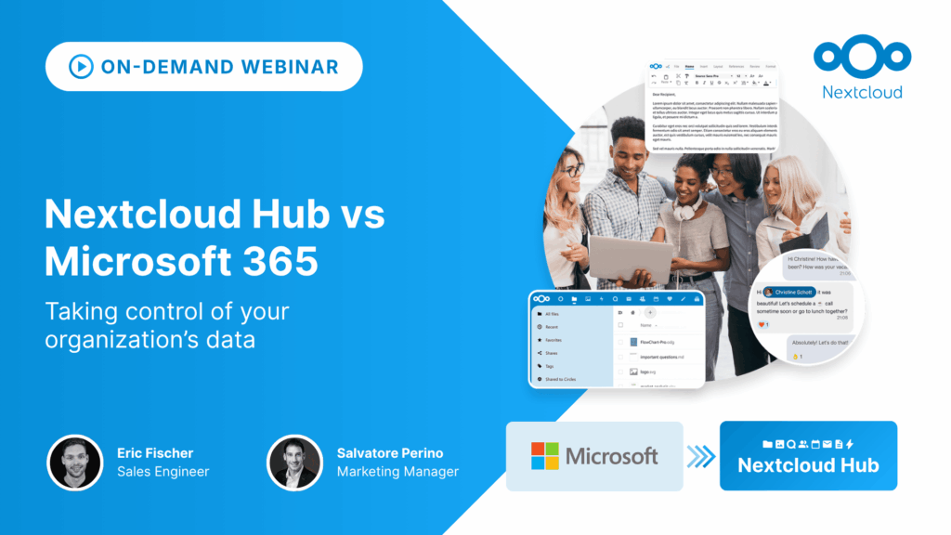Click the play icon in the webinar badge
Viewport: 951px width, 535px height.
click(x=81, y=67)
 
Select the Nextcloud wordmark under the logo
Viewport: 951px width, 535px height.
click(x=862, y=92)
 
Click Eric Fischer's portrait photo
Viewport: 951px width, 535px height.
click(x=75, y=463)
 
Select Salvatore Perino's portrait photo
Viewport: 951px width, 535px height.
click(x=295, y=463)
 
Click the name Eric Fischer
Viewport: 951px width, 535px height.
click(x=155, y=453)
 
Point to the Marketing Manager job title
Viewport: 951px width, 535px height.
click(x=397, y=472)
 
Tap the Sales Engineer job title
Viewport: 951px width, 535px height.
click(x=163, y=472)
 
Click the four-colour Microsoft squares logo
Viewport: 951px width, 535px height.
click(x=545, y=456)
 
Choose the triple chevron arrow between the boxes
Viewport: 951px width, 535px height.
click(x=701, y=456)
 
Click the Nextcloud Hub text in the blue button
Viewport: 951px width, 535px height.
click(x=808, y=465)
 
